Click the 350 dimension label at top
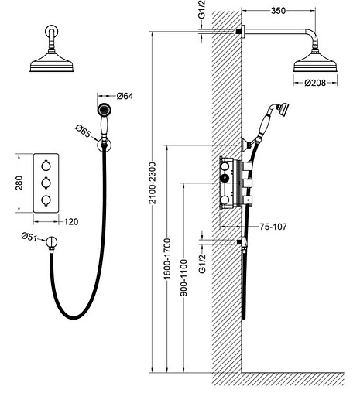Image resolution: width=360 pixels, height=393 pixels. tap(278, 11)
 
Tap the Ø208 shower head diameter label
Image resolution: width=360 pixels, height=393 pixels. tap(315, 83)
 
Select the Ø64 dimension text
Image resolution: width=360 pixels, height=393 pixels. tap(125, 96)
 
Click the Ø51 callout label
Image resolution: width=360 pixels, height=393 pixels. tap(29, 237)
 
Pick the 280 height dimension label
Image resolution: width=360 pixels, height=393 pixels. tap(19, 183)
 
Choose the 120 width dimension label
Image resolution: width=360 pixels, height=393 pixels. tap(71, 222)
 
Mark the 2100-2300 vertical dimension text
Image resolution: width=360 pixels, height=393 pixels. tap(153, 183)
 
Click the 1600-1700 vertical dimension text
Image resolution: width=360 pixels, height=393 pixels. tap(167, 259)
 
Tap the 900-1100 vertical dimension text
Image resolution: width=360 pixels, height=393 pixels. tap(183, 278)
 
